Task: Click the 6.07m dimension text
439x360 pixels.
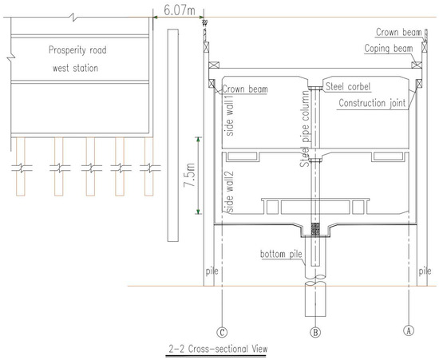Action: point(179,10)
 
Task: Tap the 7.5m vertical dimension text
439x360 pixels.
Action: point(189,175)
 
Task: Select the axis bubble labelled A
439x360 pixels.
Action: point(409,330)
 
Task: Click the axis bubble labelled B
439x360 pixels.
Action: point(315,332)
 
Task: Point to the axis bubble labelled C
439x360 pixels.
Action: point(222,332)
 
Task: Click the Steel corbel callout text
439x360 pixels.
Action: point(348,86)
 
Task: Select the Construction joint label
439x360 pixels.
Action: point(372,103)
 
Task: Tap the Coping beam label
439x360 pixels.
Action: point(389,49)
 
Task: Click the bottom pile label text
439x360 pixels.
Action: point(281,254)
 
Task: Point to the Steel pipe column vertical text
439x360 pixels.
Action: point(305,129)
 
